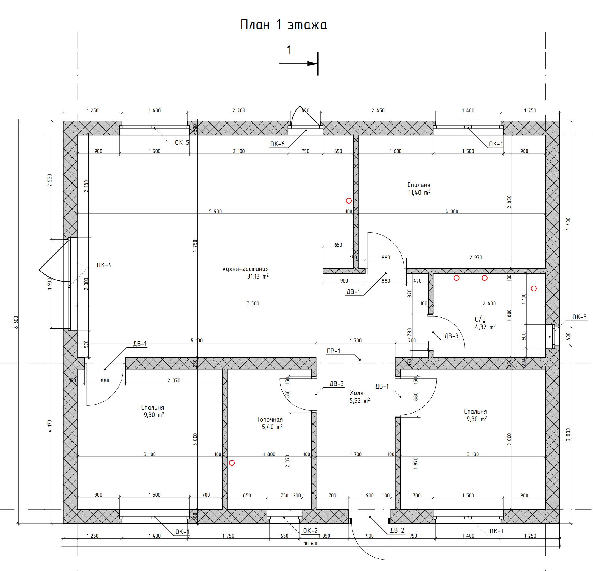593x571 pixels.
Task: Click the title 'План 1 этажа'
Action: (284, 25)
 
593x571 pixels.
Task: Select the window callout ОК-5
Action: (182, 142)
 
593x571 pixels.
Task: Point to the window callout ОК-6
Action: (278, 144)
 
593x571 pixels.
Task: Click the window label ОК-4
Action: (104, 265)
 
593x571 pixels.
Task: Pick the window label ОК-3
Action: (579, 317)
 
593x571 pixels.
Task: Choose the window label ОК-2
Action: (310, 531)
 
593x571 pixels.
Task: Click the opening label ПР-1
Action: (333, 350)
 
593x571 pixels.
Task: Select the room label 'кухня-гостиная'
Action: (245, 269)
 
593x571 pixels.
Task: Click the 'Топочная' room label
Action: (270, 419)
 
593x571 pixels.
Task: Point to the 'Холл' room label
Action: (357, 393)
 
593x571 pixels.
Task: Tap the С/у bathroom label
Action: (480, 319)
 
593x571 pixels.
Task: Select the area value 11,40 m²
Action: (419, 192)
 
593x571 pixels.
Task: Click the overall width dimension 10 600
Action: (311, 544)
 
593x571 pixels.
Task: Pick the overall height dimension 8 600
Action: (16, 323)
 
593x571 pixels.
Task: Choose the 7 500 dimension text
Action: (253, 303)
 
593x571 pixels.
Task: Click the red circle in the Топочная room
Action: (232, 463)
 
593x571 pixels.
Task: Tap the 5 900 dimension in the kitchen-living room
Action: (215, 211)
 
